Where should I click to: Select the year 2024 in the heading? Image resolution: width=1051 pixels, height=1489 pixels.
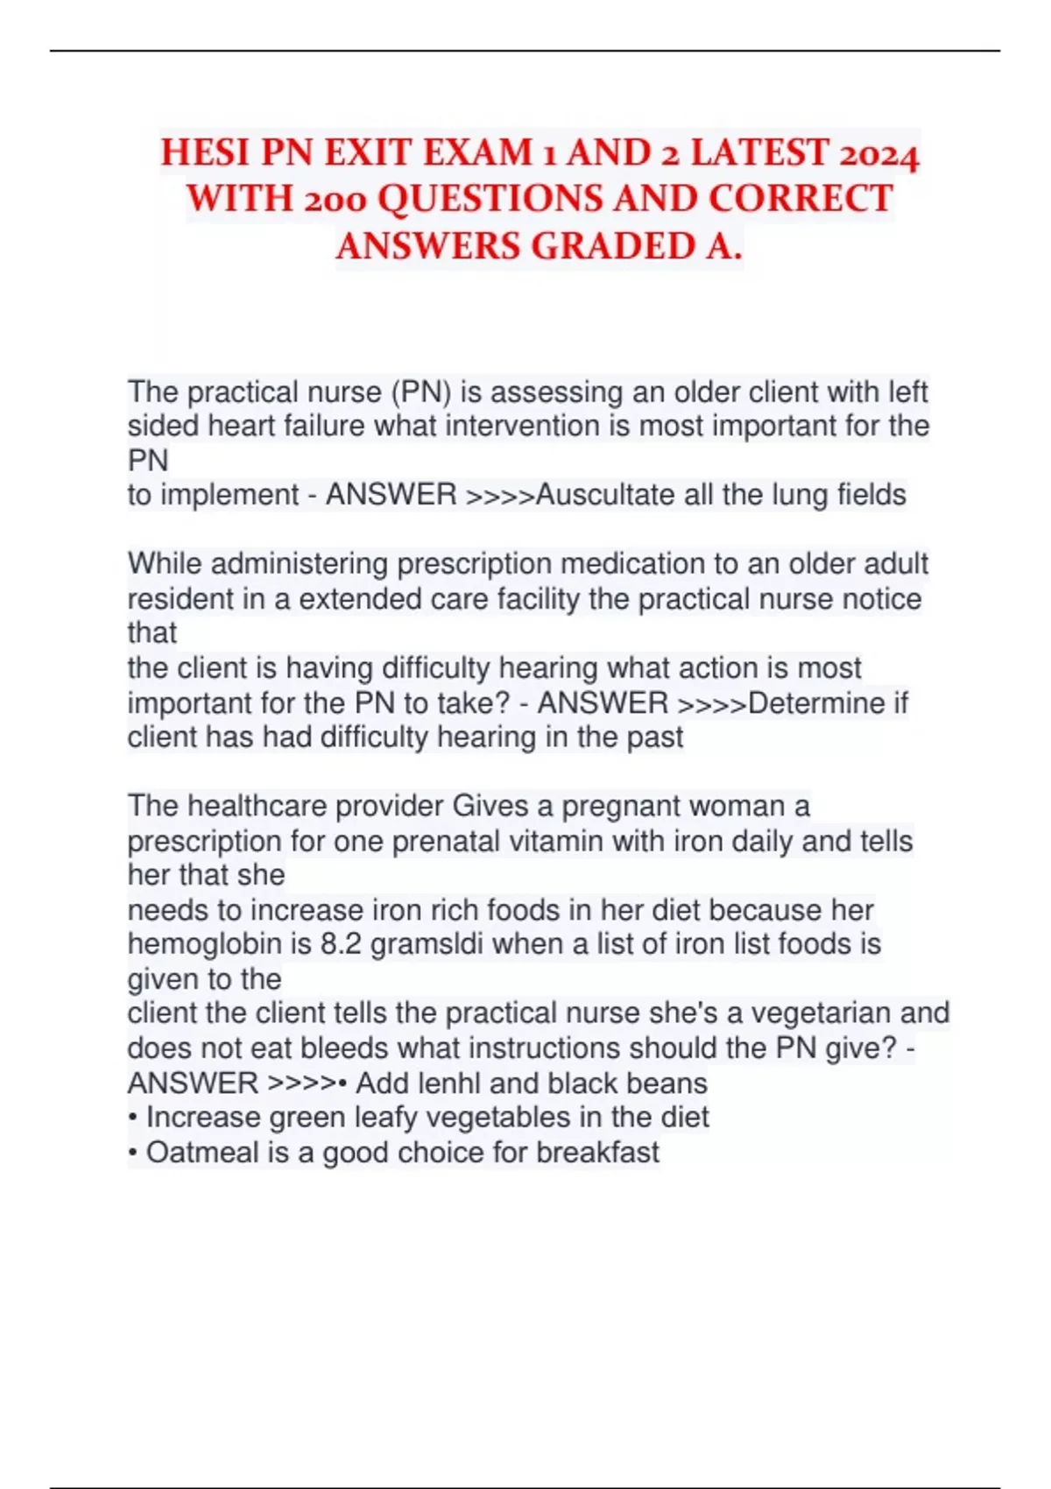[878, 155]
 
